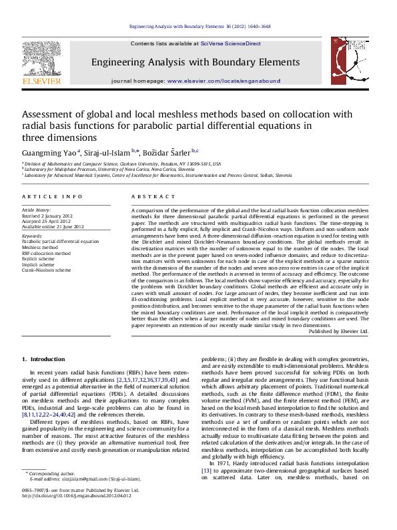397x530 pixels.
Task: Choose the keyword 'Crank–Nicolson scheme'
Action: tap(46, 270)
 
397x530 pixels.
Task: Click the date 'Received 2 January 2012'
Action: tap(48, 216)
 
